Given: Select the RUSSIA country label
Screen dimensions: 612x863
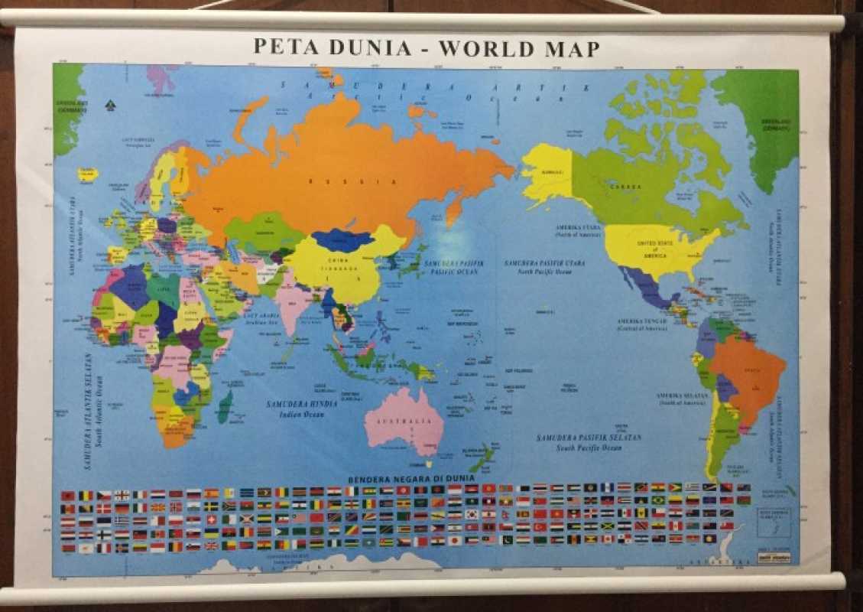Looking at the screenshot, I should click(x=352, y=182).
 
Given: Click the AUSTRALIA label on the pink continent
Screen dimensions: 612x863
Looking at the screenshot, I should click(x=404, y=422).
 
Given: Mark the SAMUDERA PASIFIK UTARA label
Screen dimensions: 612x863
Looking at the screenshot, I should click(x=544, y=263).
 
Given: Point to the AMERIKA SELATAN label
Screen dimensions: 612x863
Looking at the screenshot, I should click(x=679, y=395).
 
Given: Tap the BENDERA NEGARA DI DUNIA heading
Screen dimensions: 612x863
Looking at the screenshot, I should click(x=411, y=478).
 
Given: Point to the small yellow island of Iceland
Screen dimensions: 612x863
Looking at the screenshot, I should click(x=88, y=174).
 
